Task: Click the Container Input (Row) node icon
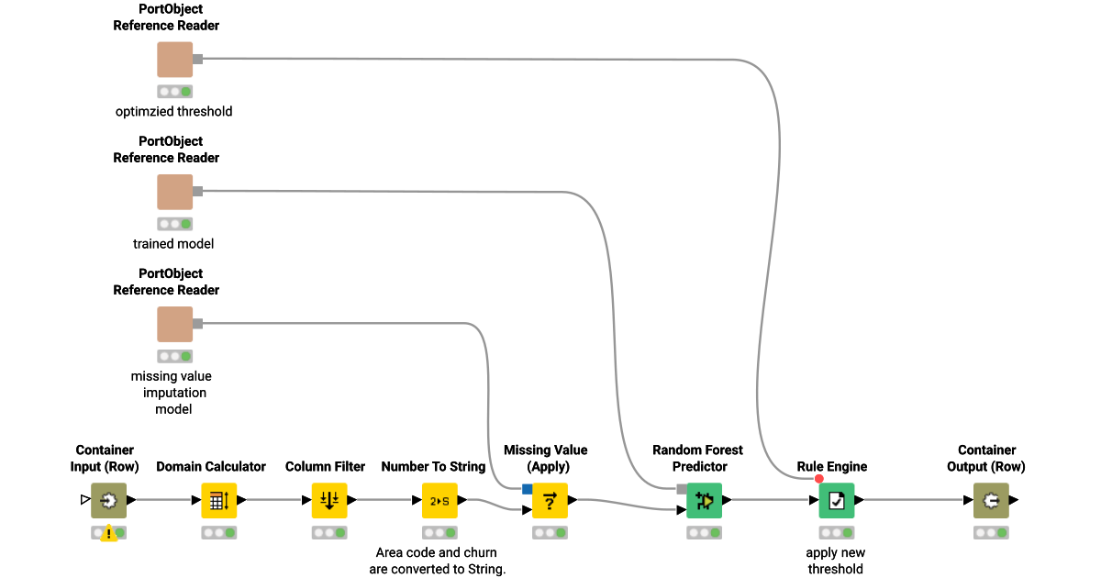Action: [x=108, y=500]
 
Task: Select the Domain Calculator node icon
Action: [x=219, y=500]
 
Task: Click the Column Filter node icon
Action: [x=329, y=500]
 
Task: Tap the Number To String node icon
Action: [x=439, y=500]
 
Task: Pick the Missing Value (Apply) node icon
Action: [x=550, y=500]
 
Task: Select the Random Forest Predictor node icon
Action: [x=704, y=500]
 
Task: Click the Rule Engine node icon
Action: [x=836, y=500]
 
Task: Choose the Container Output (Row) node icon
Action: [x=991, y=500]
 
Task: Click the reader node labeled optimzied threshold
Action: [x=174, y=60]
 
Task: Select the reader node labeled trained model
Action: [x=174, y=192]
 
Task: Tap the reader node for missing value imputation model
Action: [x=174, y=324]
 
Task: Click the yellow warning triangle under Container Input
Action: [x=108, y=533]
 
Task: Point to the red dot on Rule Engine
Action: [x=819, y=479]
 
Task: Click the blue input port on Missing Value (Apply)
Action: [x=527, y=488]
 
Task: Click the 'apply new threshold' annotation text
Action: [x=835, y=561]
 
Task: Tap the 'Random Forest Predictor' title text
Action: [x=697, y=458]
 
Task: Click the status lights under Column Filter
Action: [x=329, y=532]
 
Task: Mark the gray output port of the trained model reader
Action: [x=197, y=191]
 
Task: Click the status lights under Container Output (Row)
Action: [x=991, y=532]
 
